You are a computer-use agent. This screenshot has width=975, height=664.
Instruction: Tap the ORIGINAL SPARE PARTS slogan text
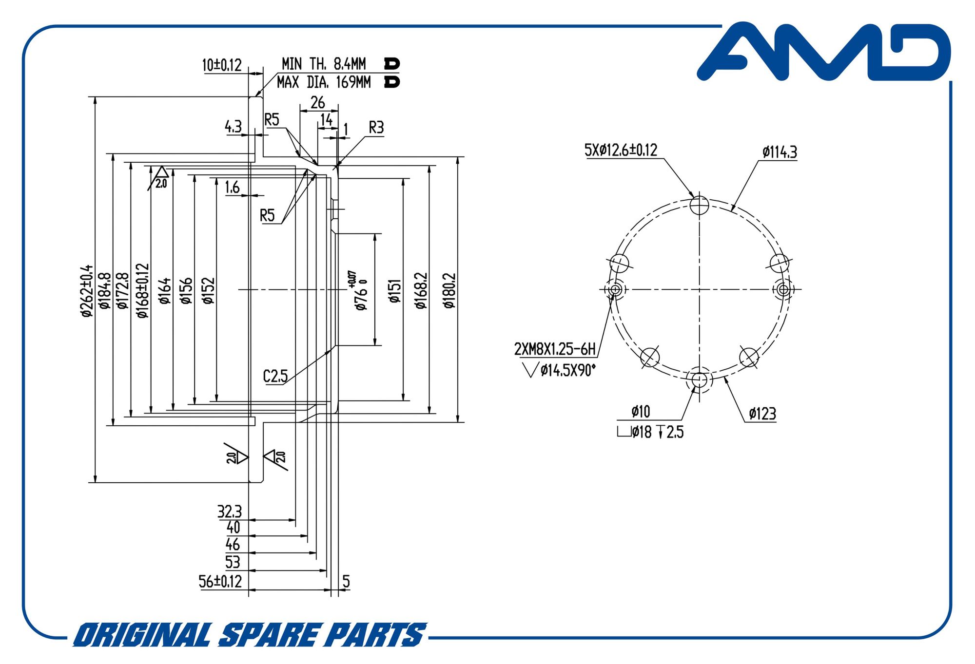250,635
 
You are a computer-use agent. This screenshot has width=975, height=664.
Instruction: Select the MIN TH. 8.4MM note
324,64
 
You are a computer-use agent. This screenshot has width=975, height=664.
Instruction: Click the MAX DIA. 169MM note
324,82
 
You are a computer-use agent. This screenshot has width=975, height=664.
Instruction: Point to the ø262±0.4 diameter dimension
87,291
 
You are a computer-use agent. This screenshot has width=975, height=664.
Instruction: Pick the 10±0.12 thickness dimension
222,65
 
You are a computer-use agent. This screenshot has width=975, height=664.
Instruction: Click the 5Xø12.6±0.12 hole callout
621,150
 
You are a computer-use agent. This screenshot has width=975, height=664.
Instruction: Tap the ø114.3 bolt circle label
780,152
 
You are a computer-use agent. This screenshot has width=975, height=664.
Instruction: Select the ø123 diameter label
762,414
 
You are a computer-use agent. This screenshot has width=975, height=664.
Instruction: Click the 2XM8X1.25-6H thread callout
555,349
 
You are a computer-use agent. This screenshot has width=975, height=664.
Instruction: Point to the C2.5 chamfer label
275,376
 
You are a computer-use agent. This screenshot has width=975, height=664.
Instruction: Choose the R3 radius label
376,128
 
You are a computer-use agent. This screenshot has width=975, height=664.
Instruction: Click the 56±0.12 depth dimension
220,581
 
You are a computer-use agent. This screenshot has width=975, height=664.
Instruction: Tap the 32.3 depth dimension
229,512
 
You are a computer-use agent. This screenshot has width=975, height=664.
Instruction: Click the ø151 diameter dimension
395,291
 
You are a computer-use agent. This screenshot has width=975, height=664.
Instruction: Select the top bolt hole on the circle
699,205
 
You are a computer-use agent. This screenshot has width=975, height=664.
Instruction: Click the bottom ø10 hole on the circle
699,379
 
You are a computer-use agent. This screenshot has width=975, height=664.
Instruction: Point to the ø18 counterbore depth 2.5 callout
651,432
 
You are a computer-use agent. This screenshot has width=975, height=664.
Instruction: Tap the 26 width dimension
318,102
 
